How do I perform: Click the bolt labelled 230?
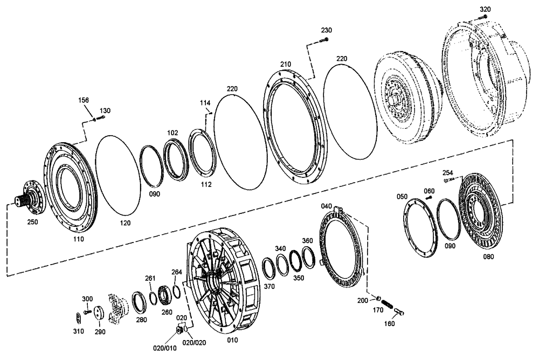pos(323,40)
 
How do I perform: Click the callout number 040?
pos(327,206)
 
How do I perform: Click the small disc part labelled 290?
pos(99,314)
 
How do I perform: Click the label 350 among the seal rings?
pos(299,278)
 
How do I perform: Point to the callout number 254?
pos(448,173)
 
